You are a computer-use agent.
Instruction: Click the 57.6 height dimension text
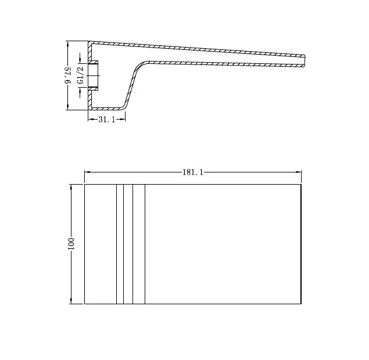click(x=68, y=76)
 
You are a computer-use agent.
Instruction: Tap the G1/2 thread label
click(x=80, y=76)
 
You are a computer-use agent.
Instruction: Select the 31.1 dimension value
click(x=107, y=120)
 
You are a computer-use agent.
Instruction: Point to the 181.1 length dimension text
click(x=193, y=172)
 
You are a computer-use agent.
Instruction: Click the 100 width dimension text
click(x=71, y=243)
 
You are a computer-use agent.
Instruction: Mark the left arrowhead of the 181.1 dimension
click(x=87, y=172)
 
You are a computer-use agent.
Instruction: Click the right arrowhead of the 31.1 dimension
click(x=123, y=120)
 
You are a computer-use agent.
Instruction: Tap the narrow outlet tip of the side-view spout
click(x=304, y=61)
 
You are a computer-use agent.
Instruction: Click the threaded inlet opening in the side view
click(x=94, y=75)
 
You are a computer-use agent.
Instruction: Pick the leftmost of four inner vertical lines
click(x=116, y=244)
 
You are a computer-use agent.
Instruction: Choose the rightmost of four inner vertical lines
click(x=145, y=244)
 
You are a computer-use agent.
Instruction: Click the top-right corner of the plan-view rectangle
click(x=301, y=185)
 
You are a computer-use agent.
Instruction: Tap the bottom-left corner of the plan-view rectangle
click(x=85, y=303)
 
